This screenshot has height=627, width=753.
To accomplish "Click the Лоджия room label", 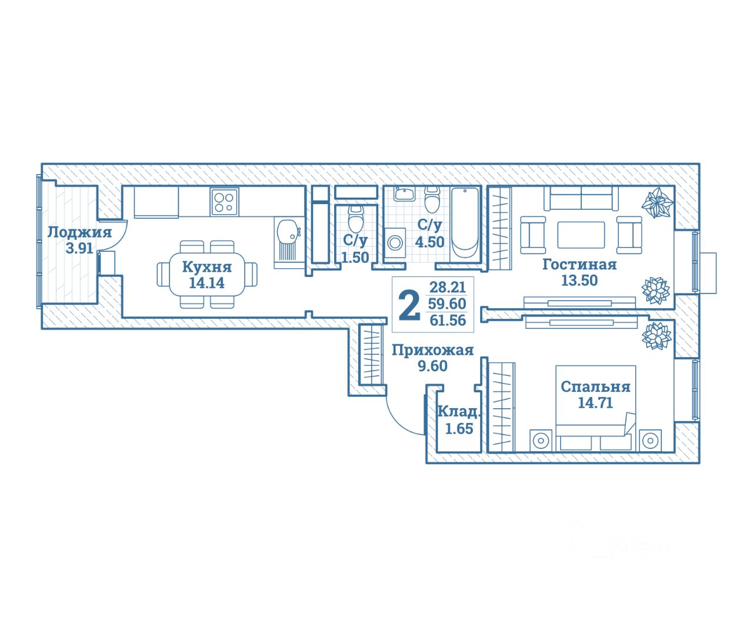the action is (x=79, y=232).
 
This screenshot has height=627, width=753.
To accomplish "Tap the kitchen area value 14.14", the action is (x=206, y=283).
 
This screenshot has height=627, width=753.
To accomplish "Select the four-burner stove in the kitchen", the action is (x=224, y=202).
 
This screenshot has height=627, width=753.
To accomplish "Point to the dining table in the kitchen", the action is (x=207, y=275).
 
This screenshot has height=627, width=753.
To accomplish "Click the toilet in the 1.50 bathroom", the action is (x=355, y=219).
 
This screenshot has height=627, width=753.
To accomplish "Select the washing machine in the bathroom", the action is (x=395, y=242).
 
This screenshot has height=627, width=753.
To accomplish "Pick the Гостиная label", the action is (x=579, y=265).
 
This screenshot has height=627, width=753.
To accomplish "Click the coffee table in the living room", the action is (x=581, y=235).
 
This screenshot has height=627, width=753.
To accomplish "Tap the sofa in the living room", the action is (x=581, y=198).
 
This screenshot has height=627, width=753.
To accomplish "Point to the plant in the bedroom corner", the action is (x=656, y=336).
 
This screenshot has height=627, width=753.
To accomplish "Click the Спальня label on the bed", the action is (x=595, y=387).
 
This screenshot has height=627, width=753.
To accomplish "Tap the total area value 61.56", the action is (x=448, y=321).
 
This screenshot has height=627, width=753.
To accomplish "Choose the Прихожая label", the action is (x=432, y=351).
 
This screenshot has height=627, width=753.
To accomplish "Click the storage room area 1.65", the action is (x=459, y=429).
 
